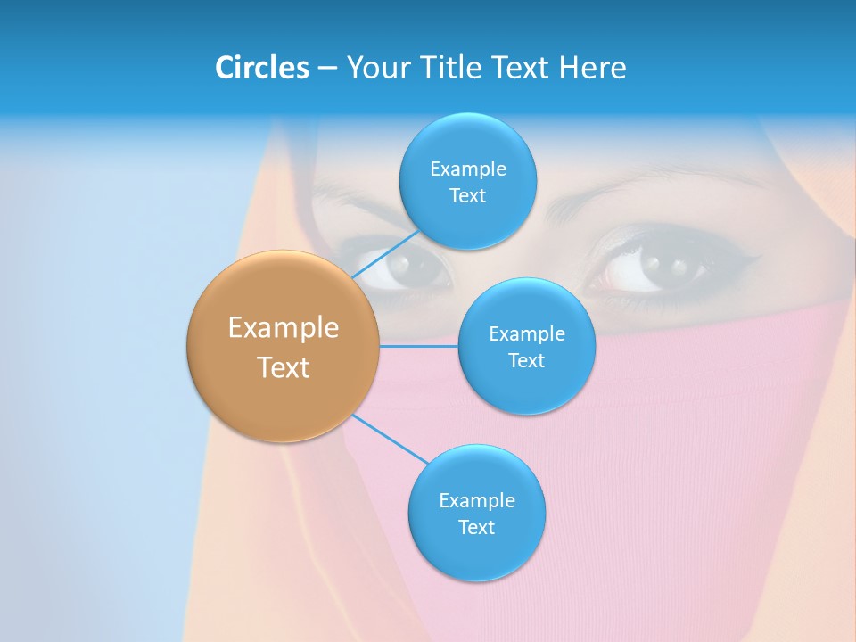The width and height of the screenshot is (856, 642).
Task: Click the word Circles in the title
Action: pos(261,68)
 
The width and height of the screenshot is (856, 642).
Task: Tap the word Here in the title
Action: pos(592,68)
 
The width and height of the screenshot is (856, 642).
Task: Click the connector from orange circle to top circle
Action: pos(385,256)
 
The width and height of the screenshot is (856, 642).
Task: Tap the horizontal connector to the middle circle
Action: pos(418,346)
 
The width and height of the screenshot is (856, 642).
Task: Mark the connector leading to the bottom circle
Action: pos(391,439)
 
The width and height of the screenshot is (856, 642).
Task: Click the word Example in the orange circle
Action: pos(283,328)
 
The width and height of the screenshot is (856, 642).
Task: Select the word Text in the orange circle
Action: pos(283,367)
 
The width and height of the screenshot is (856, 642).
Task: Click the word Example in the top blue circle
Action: pos(467,169)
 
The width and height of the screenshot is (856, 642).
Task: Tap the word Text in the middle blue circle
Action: pos(526,360)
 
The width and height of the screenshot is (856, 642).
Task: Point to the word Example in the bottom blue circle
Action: pos(476,500)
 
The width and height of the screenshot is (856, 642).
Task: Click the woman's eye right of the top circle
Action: pos(664,265)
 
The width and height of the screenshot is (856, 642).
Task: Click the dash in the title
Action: pos(326,69)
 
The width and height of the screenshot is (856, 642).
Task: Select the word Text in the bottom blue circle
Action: pos(476,527)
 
